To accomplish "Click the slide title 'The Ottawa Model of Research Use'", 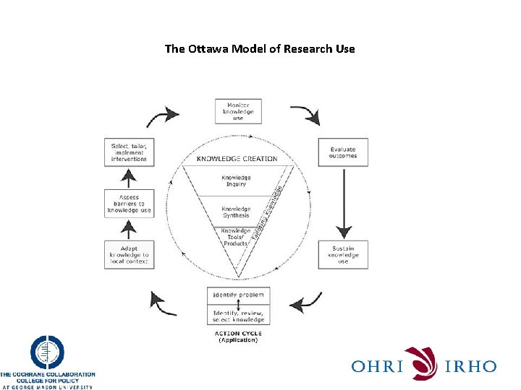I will pos(260,49).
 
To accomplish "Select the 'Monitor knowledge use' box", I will pos(238,112).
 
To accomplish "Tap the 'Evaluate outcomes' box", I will pos(342,152).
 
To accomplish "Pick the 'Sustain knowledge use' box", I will pos(342,254).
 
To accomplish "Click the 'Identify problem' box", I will pos(238,295).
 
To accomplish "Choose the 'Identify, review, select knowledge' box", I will pos(238,315).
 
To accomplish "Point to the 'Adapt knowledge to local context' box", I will pos(129,254).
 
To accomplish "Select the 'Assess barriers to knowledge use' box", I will pos(129,204).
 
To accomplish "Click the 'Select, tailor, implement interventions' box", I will pos(129,152).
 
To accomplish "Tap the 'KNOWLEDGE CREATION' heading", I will pos(237,158).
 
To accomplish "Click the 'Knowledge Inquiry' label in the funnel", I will pos(237,181).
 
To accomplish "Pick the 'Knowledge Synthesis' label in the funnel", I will pos(236,212).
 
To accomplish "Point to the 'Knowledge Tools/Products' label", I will pos(236,238).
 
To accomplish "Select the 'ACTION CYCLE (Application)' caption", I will pos(237,337).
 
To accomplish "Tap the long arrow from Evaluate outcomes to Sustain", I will pos(343,204).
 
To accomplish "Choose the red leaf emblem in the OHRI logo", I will pos(421,363).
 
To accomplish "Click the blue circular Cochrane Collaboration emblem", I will pos(47,354).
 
